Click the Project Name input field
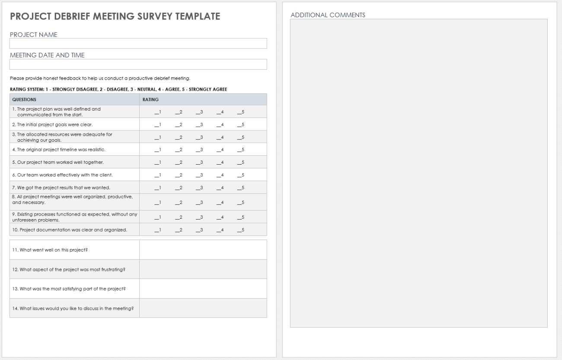[x=138, y=44]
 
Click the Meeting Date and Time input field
[x=138, y=64]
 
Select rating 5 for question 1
[x=241, y=112]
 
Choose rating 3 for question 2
[x=199, y=125]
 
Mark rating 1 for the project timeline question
[x=158, y=150]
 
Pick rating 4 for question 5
[x=220, y=162]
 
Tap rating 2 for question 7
[x=179, y=188]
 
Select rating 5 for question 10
[x=241, y=229]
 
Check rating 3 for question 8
[x=199, y=202]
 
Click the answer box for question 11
[x=203, y=250]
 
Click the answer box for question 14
[x=203, y=308]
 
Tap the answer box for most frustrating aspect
[x=203, y=269]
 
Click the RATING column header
[x=148, y=99]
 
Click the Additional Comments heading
[x=328, y=15]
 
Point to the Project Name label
[x=33, y=35]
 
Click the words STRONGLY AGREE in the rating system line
[x=212, y=89]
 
